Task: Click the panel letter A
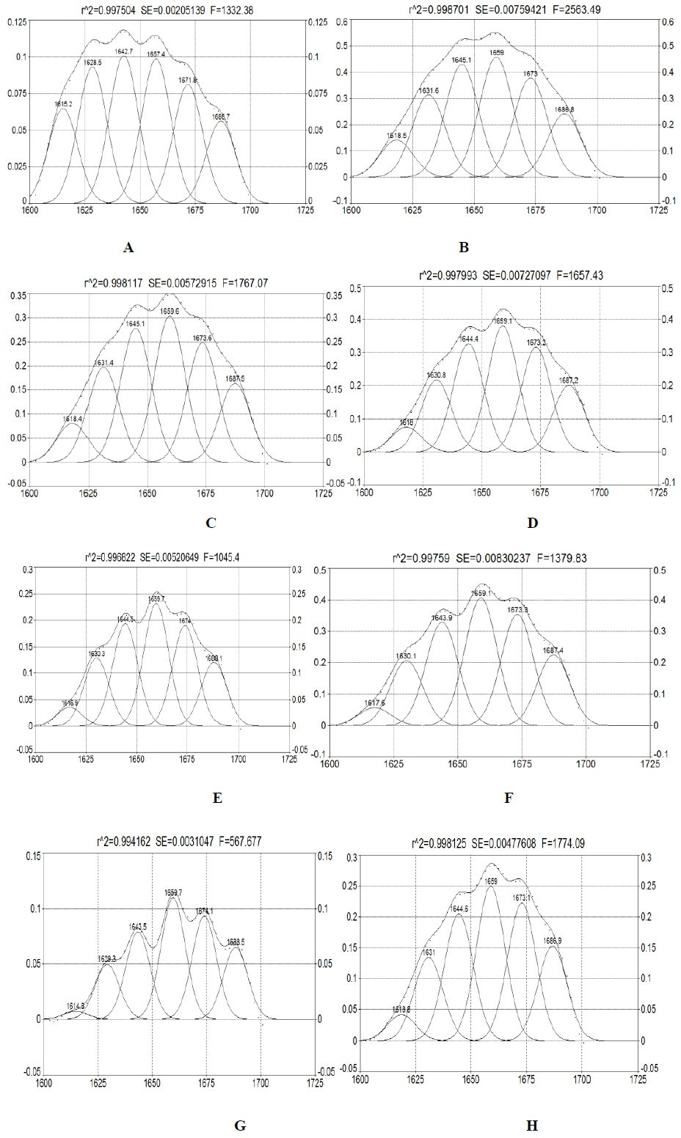[128, 248]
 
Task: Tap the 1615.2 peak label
[64, 104]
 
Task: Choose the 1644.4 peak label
[468, 339]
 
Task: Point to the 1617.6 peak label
[374, 703]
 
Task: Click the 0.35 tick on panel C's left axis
[16, 295]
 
